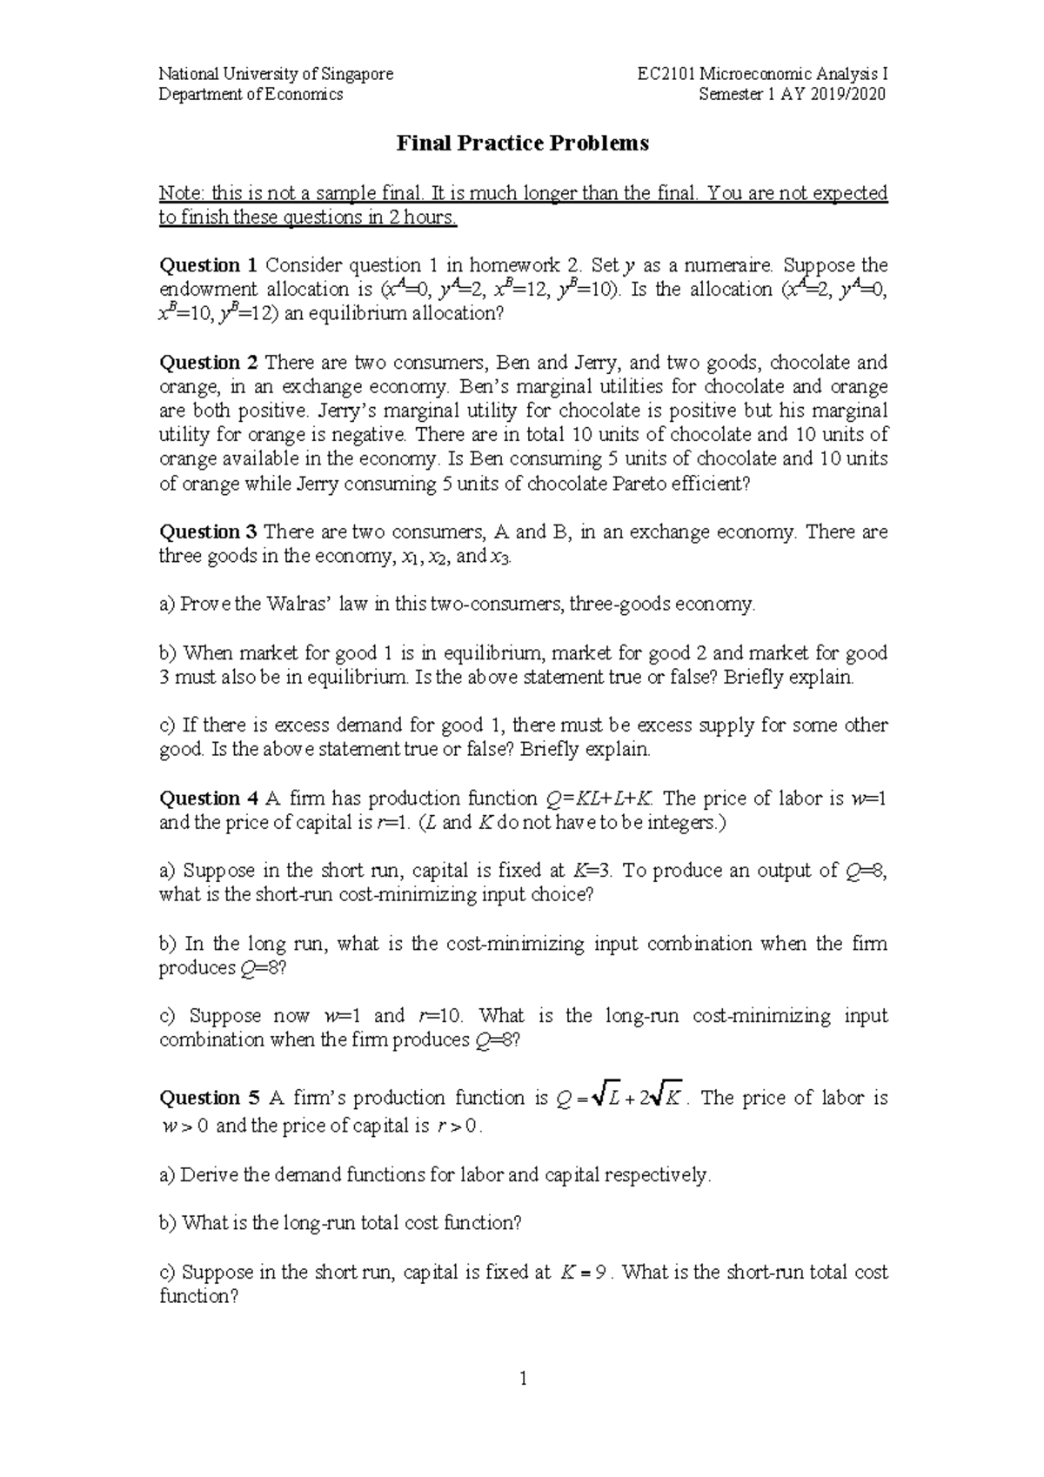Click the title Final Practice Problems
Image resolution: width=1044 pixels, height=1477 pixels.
coord(522,144)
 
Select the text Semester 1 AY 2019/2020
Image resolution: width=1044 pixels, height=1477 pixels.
coord(793,95)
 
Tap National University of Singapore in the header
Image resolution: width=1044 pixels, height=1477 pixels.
coord(276,74)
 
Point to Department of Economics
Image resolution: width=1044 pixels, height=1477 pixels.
coord(251,95)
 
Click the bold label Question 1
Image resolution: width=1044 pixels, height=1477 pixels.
coord(209,265)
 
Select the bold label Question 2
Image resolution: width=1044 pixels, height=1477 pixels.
coord(209,363)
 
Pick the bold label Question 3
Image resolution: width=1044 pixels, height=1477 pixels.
coord(209,531)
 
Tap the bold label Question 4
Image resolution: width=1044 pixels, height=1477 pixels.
coord(209,799)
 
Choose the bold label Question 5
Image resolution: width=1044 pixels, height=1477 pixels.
coord(209,1098)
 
